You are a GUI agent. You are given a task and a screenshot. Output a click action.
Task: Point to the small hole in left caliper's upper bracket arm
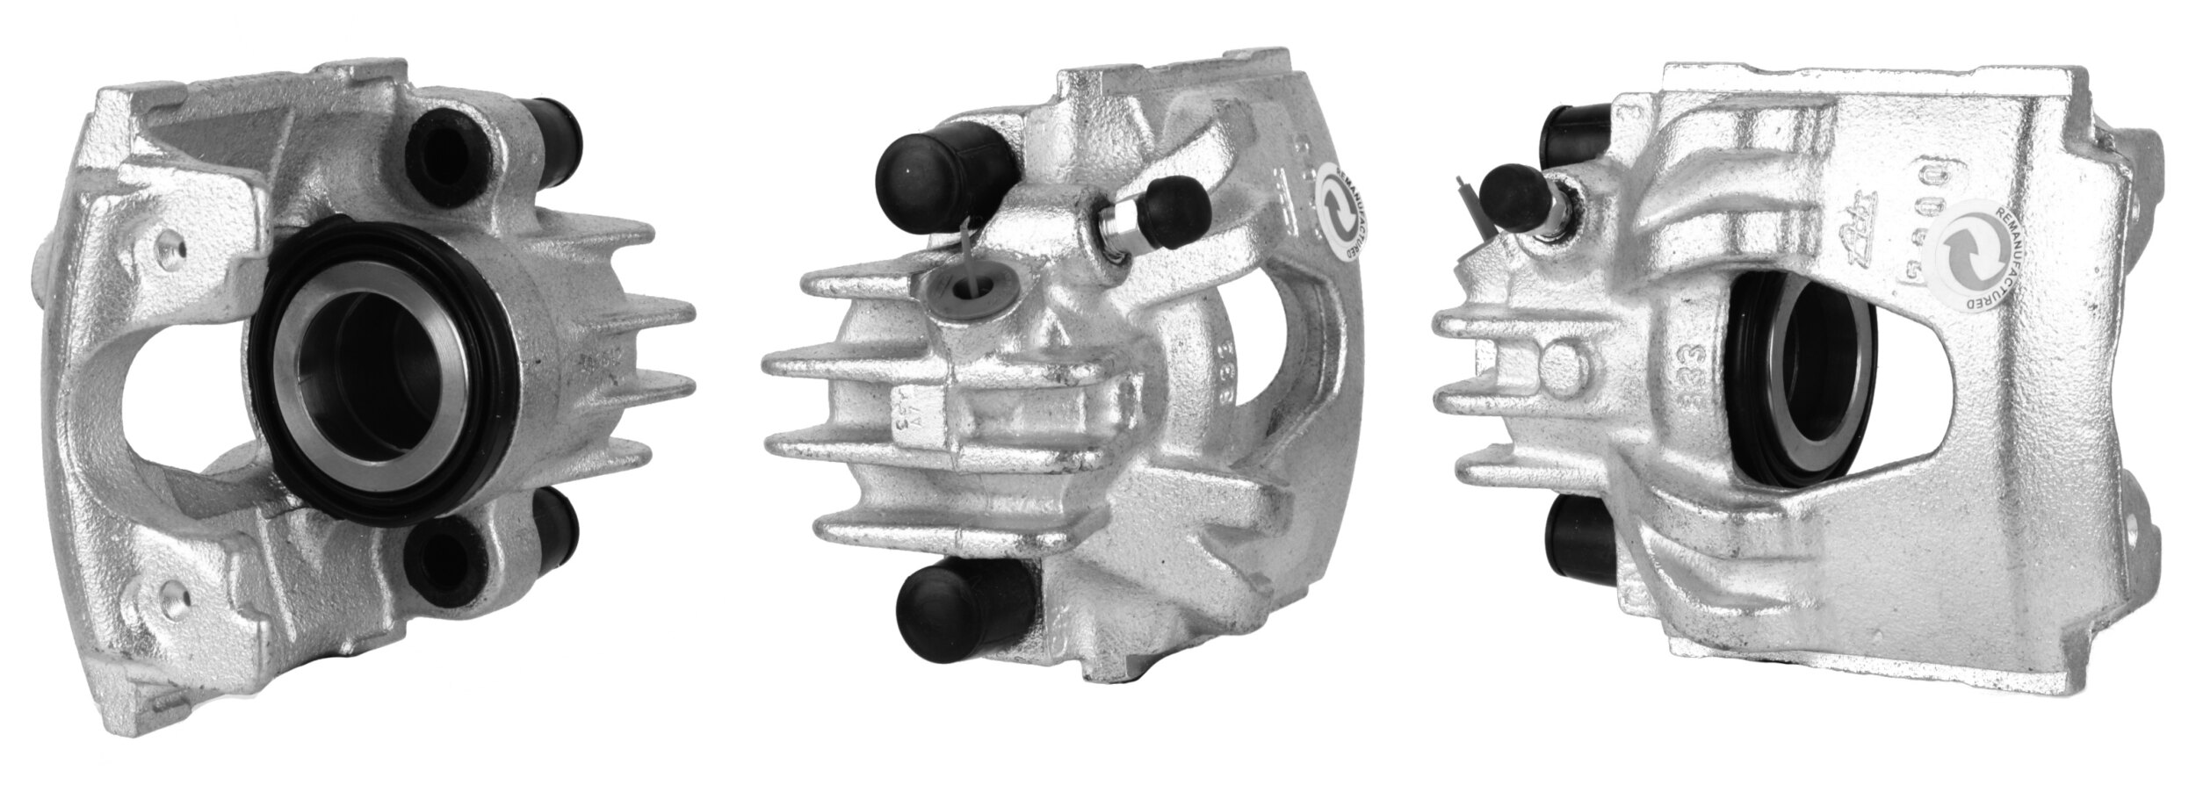170,248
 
